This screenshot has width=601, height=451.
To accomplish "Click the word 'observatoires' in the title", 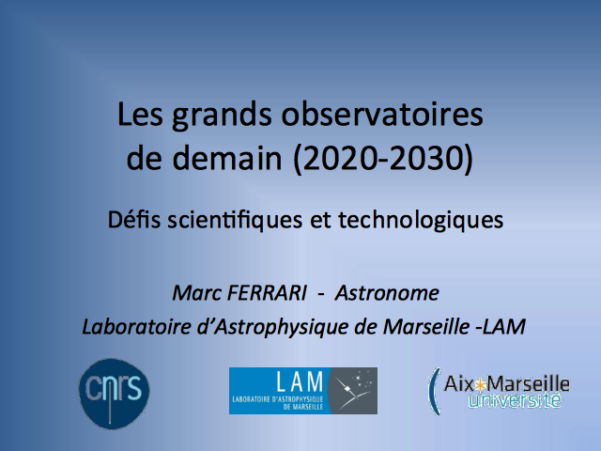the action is click(382, 115).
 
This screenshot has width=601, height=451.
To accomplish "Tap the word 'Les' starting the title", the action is click(140, 115).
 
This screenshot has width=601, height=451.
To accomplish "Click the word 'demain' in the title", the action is click(227, 158).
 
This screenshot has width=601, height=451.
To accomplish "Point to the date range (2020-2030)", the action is click(383, 159).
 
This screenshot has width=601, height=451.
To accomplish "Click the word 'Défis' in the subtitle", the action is click(133, 220).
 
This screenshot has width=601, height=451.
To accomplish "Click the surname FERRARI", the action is click(267, 293).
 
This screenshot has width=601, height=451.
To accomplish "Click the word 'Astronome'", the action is click(387, 293).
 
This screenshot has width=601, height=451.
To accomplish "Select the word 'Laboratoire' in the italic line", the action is click(136, 327).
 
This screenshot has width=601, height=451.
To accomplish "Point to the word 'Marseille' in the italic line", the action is click(426, 327).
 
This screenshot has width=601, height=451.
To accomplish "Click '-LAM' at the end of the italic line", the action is click(500, 327).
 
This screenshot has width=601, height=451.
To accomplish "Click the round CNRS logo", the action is click(115, 394).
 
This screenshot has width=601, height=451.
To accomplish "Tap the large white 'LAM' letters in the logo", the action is click(300, 382).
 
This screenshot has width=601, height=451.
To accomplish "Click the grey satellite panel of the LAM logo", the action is click(353, 391).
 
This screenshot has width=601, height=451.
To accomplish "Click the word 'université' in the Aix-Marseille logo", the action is click(515, 400).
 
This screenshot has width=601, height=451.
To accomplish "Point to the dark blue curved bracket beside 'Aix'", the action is click(432, 391).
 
